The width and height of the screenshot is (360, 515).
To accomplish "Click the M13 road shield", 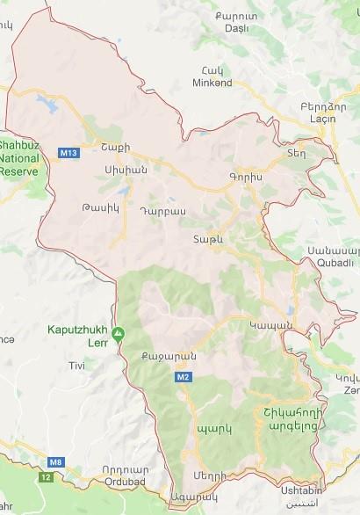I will click(68, 153).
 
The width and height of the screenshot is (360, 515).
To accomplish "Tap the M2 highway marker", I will click(182, 377).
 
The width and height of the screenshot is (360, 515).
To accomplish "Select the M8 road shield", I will click(56, 461).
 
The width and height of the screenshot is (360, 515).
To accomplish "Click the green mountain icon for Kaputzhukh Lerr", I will click(120, 332).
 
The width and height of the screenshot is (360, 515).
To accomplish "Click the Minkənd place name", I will click(212, 83).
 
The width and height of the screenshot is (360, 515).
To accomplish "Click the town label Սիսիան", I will click(122, 169).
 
